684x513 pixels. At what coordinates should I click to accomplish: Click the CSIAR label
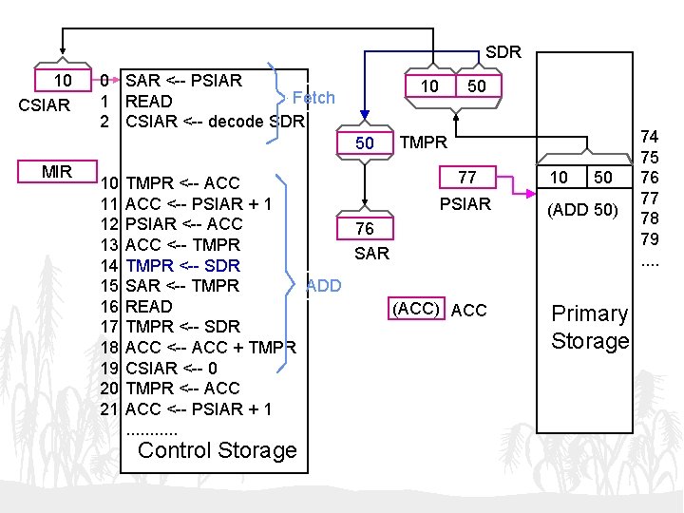pyautogui.click(x=46, y=105)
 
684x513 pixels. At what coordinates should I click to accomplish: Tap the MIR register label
pyautogui.click(x=56, y=172)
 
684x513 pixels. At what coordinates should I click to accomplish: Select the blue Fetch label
pyautogui.click(x=313, y=98)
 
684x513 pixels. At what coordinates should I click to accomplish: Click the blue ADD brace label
pyautogui.click(x=324, y=285)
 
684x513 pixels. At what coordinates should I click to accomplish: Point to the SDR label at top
pyautogui.click(x=503, y=52)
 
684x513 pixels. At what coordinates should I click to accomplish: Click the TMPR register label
pyautogui.click(x=424, y=143)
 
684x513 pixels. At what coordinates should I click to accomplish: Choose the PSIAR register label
pyautogui.click(x=465, y=204)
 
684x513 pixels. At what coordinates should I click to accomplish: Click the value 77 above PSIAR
pyautogui.click(x=466, y=178)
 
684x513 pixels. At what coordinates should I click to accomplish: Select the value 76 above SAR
pyautogui.click(x=365, y=229)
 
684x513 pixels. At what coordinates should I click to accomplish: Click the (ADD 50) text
pyautogui.click(x=583, y=209)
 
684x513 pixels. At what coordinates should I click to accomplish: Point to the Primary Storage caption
pyautogui.click(x=590, y=327)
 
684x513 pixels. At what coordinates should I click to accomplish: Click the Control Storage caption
pyautogui.click(x=218, y=450)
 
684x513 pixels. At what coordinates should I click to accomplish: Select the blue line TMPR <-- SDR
pyautogui.click(x=182, y=265)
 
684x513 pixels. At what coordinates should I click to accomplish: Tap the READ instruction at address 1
pyautogui.click(x=149, y=101)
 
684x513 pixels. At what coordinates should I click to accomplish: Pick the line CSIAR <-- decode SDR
pyautogui.click(x=215, y=122)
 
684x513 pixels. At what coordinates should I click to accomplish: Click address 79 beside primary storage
pyautogui.click(x=650, y=237)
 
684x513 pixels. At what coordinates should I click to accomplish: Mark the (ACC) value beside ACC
pyautogui.click(x=417, y=310)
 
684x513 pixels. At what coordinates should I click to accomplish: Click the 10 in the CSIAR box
pyautogui.click(x=63, y=81)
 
